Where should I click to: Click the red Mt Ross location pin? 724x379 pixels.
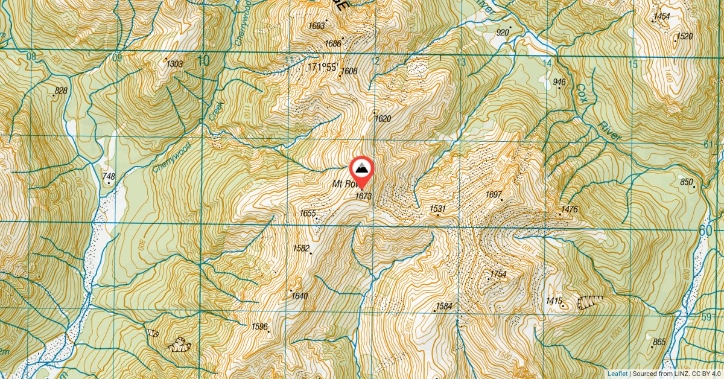[361, 170]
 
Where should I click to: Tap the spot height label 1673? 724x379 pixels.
[363, 196]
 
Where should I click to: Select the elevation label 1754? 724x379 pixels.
[498, 275]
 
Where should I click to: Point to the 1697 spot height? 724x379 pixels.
[494, 194]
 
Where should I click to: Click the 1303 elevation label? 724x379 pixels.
[174, 64]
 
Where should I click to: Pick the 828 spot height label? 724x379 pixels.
[60, 91]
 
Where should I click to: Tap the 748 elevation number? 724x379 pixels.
[109, 177]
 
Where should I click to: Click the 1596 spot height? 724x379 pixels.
[259, 326]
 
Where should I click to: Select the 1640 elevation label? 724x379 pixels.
[300, 296]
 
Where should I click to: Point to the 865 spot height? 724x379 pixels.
[659, 342]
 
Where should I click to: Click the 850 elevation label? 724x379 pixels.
[687, 182]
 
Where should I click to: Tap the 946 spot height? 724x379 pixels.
[559, 82]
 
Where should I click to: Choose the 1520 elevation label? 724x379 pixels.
[684, 37]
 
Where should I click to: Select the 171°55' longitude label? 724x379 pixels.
[322, 68]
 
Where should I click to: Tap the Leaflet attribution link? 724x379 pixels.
[618, 374]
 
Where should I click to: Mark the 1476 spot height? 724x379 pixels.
[569, 210]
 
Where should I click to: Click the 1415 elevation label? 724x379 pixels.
[553, 301]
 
